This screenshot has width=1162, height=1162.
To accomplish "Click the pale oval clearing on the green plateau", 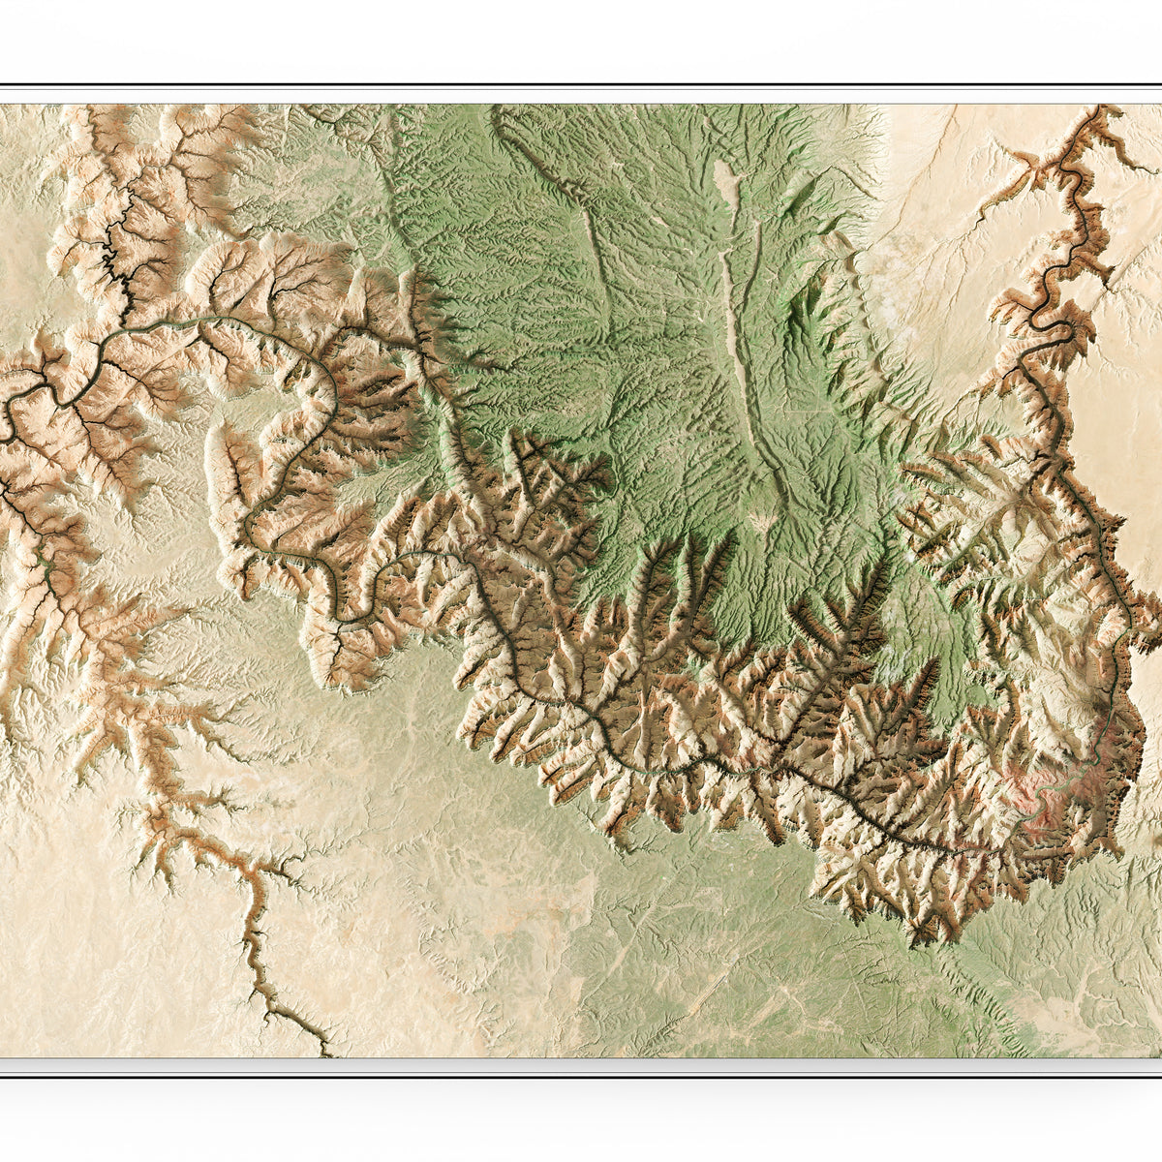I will pos(724,181).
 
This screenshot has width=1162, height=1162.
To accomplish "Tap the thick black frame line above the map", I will pos(581,86).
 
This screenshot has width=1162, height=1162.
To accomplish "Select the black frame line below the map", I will pos(581,1074).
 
